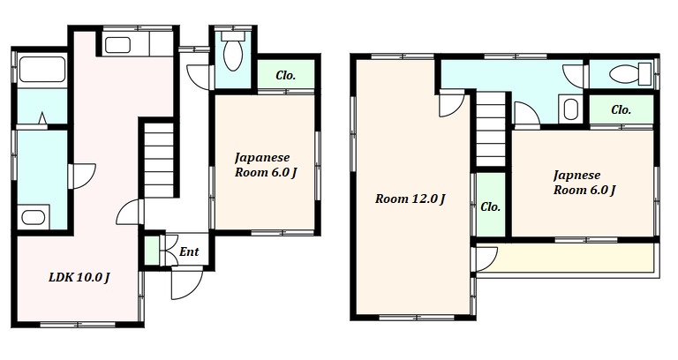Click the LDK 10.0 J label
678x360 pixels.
[79, 277]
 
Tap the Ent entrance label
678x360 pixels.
[189, 251]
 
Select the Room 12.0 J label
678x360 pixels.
[411, 199]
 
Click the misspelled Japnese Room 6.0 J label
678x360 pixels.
[584, 183]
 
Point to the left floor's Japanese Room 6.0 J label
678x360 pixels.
[266, 165]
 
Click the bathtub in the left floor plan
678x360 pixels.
[42, 69]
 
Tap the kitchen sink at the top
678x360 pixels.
[117, 45]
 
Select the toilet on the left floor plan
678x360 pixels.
[233, 51]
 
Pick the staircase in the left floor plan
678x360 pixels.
[159, 160]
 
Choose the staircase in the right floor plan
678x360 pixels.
[491, 130]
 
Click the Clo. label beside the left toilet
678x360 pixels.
[286, 76]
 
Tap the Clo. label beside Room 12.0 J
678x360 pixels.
[490, 207]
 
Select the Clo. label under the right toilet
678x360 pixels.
[621, 109]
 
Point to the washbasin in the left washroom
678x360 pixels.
[34, 217]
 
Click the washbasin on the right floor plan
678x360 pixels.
[571, 109]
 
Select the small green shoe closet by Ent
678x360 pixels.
[151, 251]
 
